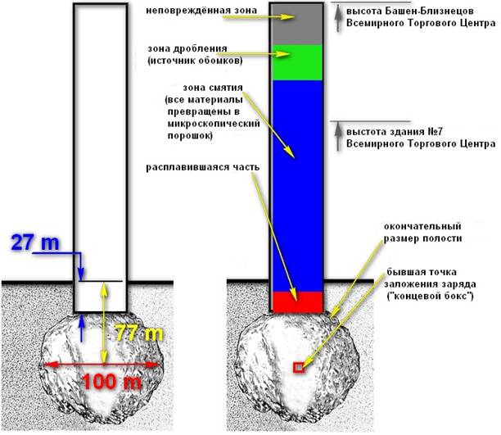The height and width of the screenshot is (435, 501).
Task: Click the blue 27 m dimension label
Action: pos(35,242)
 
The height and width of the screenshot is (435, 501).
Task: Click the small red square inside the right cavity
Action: pos(298,369)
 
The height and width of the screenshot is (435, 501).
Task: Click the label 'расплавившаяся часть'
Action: pos(202,167)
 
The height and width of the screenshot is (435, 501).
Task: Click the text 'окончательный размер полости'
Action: pos(417,231)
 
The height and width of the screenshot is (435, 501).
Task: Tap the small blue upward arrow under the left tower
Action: pos(81,324)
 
